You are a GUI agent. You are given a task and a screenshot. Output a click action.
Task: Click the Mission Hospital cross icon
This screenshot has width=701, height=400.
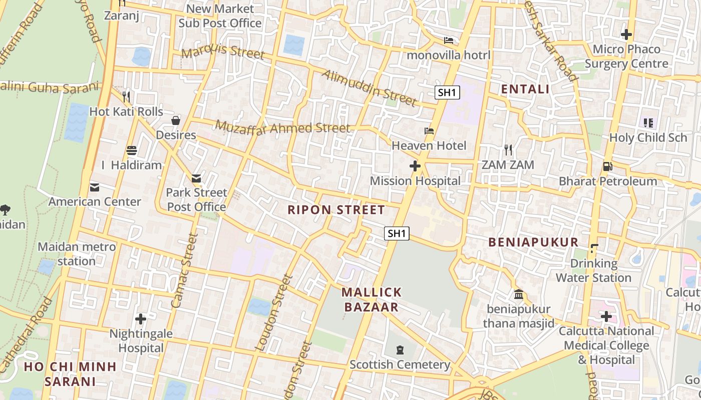tap(415, 166)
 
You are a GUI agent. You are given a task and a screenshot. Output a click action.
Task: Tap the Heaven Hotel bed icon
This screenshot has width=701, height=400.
tap(429, 131)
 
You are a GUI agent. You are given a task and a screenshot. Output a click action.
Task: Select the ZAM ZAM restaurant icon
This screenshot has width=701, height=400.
tap(508, 149)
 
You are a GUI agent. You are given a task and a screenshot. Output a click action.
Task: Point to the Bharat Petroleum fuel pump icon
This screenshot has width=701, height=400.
tap(607, 166)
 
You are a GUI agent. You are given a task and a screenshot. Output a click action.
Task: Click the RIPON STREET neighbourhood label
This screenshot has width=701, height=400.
tap(336, 210)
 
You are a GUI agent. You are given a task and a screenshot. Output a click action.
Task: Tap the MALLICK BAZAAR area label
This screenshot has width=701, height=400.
tap(372, 299)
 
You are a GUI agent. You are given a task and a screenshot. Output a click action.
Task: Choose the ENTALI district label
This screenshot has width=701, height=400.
tap(525, 89)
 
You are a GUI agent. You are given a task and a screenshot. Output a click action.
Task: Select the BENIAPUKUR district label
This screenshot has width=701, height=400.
tap(533, 242)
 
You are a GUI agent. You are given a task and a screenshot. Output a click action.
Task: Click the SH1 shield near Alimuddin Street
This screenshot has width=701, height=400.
tap(447, 92)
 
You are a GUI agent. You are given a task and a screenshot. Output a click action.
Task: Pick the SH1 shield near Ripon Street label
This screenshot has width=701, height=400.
tap(397, 233)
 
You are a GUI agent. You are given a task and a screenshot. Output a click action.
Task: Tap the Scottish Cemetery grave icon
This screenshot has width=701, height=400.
tap(400, 349)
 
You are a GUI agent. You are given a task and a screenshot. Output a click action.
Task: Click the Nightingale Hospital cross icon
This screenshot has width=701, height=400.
tap(141, 318)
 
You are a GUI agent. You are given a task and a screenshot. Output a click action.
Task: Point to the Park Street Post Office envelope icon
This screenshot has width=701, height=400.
tap(196, 178)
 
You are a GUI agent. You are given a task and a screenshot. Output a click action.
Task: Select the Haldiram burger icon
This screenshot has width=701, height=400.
tap(132, 150)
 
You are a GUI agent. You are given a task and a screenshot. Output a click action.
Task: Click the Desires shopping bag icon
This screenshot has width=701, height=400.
tap(176, 120)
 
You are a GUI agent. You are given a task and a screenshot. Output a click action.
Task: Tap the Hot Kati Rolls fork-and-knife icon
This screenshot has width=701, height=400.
tap(126, 96)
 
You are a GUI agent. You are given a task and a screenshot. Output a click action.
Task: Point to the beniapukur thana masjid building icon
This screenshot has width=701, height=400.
tap(519, 294)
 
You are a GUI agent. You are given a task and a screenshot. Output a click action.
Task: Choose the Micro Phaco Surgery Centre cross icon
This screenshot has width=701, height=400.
tap(626, 34)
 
